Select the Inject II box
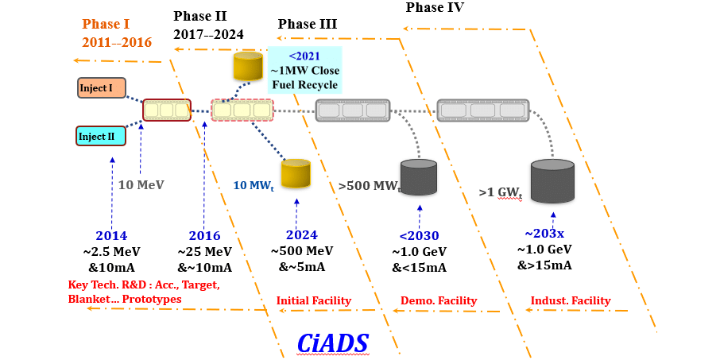(100, 136)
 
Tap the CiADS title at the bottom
(333, 342)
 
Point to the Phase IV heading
(435, 8)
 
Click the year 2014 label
(111, 235)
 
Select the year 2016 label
(204, 235)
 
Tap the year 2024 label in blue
(301, 235)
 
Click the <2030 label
(419, 235)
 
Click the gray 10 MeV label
(141, 184)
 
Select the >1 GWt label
(503, 192)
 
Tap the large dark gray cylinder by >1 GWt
(552, 181)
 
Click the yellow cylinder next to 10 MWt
(296, 173)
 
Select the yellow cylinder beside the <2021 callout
(248, 66)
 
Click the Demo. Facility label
(438, 300)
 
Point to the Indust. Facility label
(570, 300)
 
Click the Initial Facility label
(313, 300)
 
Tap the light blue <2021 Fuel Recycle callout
(305, 69)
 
